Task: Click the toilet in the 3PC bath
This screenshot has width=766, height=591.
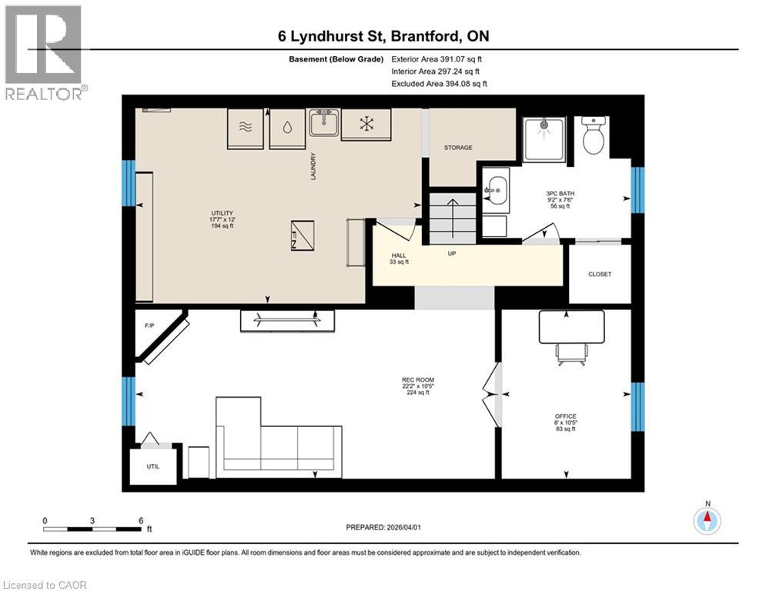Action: point(594,136)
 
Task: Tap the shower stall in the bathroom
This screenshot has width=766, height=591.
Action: point(544,139)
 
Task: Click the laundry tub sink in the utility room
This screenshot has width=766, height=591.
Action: point(323,123)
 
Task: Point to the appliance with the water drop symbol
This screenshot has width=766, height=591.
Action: point(286,128)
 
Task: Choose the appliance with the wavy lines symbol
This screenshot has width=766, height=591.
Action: point(246,128)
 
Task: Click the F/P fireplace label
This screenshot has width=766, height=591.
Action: point(149,326)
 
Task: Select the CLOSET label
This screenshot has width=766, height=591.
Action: point(599,274)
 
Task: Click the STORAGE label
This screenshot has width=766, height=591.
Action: point(458,147)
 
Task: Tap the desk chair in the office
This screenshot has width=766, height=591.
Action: point(570,352)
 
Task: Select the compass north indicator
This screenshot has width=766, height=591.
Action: point(707,519)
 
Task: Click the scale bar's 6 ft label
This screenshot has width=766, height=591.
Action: point(140,520)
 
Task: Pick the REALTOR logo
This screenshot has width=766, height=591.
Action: point(44,52)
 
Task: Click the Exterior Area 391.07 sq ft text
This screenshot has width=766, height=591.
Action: point(437,58)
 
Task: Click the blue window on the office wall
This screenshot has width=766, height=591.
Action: point(637,406)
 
